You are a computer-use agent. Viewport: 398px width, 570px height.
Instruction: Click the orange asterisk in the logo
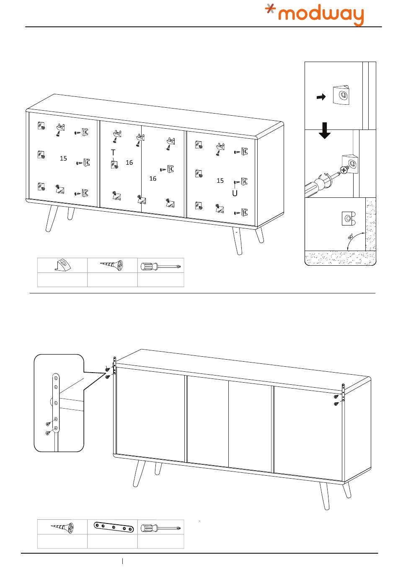click(271, 10)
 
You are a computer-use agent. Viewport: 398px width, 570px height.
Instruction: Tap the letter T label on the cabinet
click(113, 152)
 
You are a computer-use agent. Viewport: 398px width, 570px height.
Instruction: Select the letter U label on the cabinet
click(235, 193)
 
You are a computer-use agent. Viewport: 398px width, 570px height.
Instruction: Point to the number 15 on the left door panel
click(63, 158)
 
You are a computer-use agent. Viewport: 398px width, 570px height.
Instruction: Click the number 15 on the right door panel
click(220, 181)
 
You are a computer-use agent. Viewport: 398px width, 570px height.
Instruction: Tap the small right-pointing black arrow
click(321, 97)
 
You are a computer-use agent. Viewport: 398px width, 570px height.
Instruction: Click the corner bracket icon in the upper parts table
click(62, 265)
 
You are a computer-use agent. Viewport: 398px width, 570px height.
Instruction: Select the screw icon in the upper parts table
click(112, 265)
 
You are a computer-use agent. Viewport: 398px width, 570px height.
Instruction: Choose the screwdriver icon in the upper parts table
click(161, 265)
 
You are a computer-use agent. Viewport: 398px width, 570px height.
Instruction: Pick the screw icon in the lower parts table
click(62, 527)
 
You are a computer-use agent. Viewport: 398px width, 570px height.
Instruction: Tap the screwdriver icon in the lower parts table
click(161, 527)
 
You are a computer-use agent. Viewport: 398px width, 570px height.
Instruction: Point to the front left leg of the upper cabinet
click(52, 218)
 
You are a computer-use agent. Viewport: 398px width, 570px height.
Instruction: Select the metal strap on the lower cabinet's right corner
click(343, 393)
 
